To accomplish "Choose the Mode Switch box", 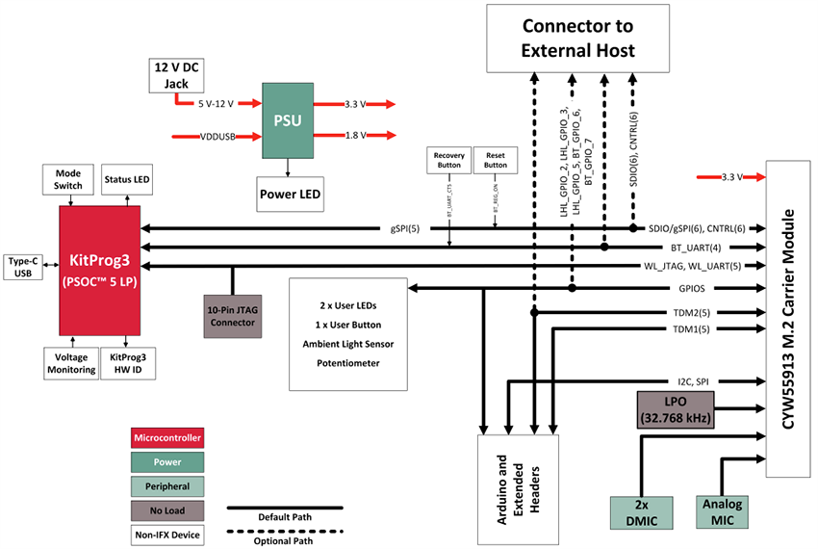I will (x=67, y=179).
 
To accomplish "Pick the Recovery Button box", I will (x=449, y=160).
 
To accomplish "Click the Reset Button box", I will (x=496, y=160).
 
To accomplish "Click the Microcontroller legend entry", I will (x=168, y=437).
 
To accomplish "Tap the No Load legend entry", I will (x=168, y=510).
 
